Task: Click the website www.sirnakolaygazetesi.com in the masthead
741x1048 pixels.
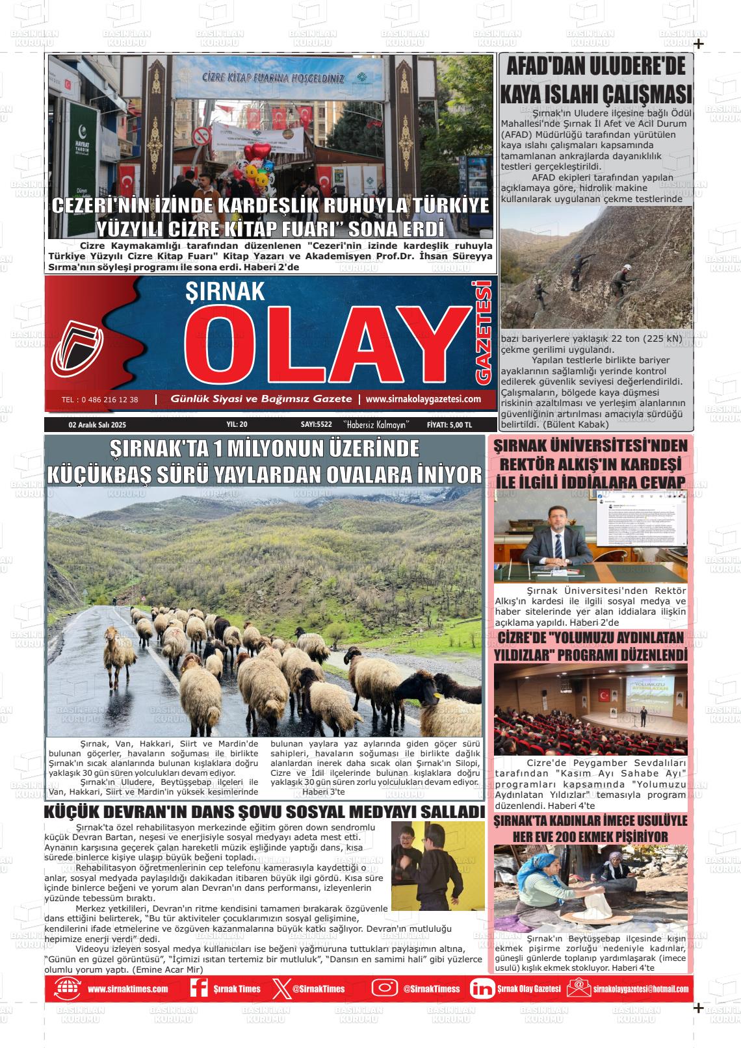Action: pos(423,399)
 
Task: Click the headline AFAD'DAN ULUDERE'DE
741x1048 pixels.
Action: pos(596,68)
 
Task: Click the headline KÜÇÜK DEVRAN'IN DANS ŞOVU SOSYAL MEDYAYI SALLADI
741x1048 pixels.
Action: pos(264,812)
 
